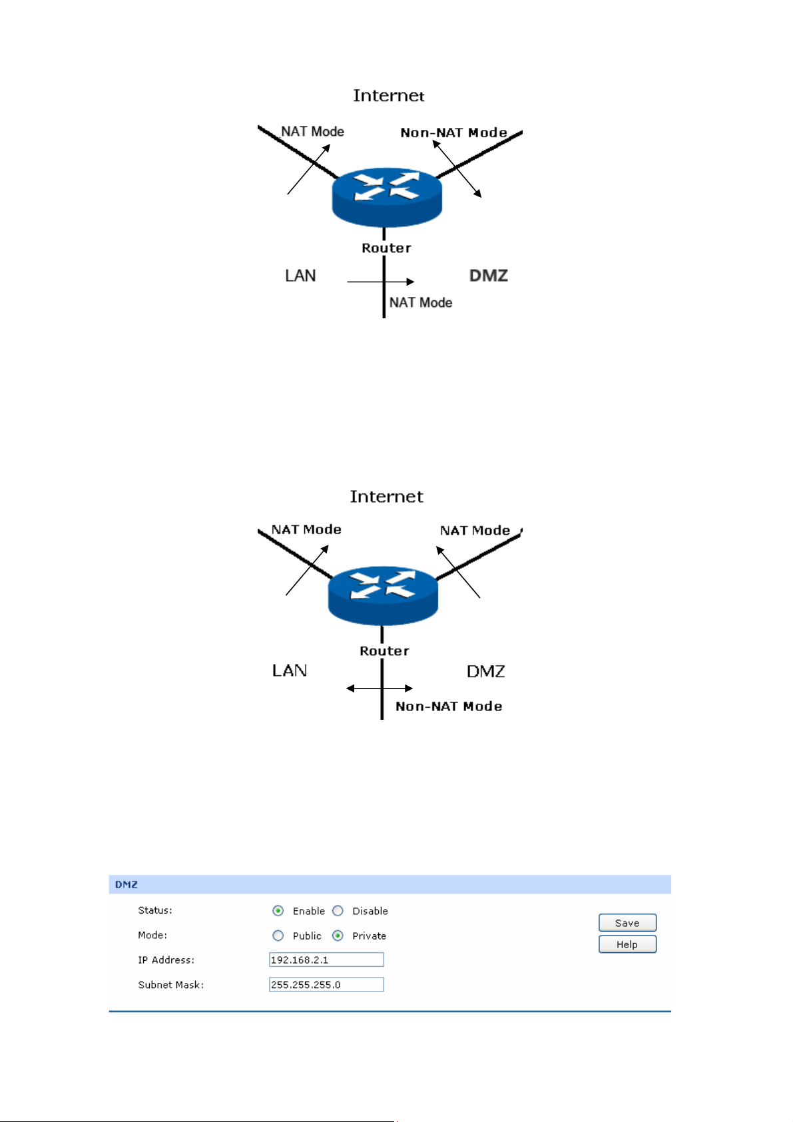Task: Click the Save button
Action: pyautogui.click(x=627, y=923)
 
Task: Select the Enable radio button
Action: pyautogui.click(x=278, y=911)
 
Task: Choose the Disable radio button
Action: pyautogui.click(x=338, y=911)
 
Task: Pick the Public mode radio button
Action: pyautogui.click(x=278, y=936)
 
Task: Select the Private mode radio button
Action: pyautogui.click(x=338, y=936)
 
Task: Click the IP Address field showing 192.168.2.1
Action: pyautogui.click(x=326, y=960)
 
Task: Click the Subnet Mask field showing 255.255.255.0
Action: pyautogui.click(x=326, y=985)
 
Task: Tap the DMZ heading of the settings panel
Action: pyautogui.click(x=127, y=884)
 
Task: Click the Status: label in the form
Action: pyautogui.click(x=155, y=910)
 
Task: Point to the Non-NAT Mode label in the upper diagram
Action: pyautogui.click(x=453, y=133)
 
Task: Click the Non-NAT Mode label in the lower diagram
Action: pyautogui.click(x=449, y=706)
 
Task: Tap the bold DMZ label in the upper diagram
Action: pyautogui.click(x=489, y=276)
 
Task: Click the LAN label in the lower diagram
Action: pyautogui.click(x=290, y=671)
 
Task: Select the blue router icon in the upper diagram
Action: pyautogui.click(x=387, y=196)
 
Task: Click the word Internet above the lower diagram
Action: pyautogui.click(x=387, y=497)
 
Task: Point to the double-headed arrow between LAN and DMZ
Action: pyautogui.click(x=380, y=689)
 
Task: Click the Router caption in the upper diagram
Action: pyautogui.click(x=387, y=248)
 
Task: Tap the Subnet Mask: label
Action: pyautogui.click(x=171, y=985)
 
